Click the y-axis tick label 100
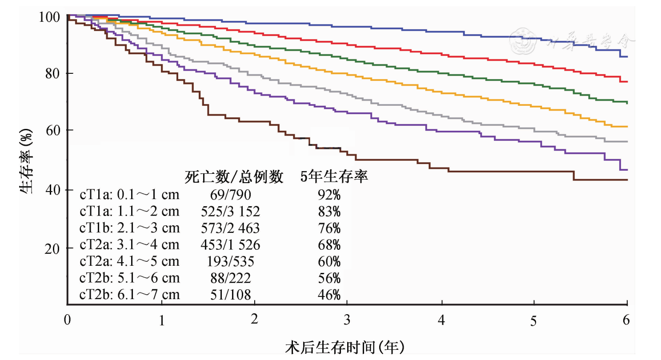tap(49, 17)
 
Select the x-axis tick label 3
tap(347, 319)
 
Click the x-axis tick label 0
tap(67, 319)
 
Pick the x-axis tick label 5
tap(533, 320)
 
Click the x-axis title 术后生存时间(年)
tap(345, 347)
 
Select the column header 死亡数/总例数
tap(234, 177)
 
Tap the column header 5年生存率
tap(334, 177)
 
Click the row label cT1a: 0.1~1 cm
tap(129, 195)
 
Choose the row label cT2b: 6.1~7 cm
tap(129, 294)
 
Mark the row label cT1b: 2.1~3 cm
tap(129, 228)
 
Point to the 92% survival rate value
tap(328, 195)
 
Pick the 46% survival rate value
tap(328, 294)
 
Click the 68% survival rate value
tap(328, 245)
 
